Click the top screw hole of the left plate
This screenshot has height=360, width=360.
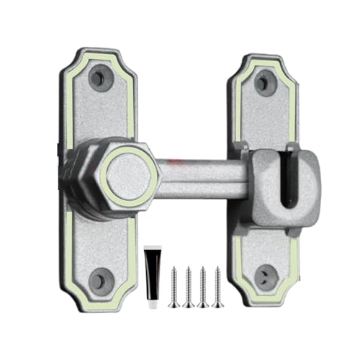point(101,76)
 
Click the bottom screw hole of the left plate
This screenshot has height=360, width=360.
point(101,279)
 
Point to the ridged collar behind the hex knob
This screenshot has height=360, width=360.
point(84,180)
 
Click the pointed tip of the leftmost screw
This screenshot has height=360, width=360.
point(174,306)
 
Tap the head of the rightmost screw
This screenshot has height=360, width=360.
point(217,269)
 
